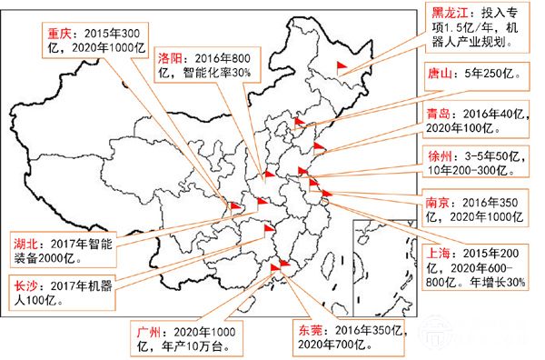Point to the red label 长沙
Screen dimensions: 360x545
tap(26, 285)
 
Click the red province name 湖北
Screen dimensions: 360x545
tap(26, 244)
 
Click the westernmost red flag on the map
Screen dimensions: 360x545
tap(234, 207)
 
